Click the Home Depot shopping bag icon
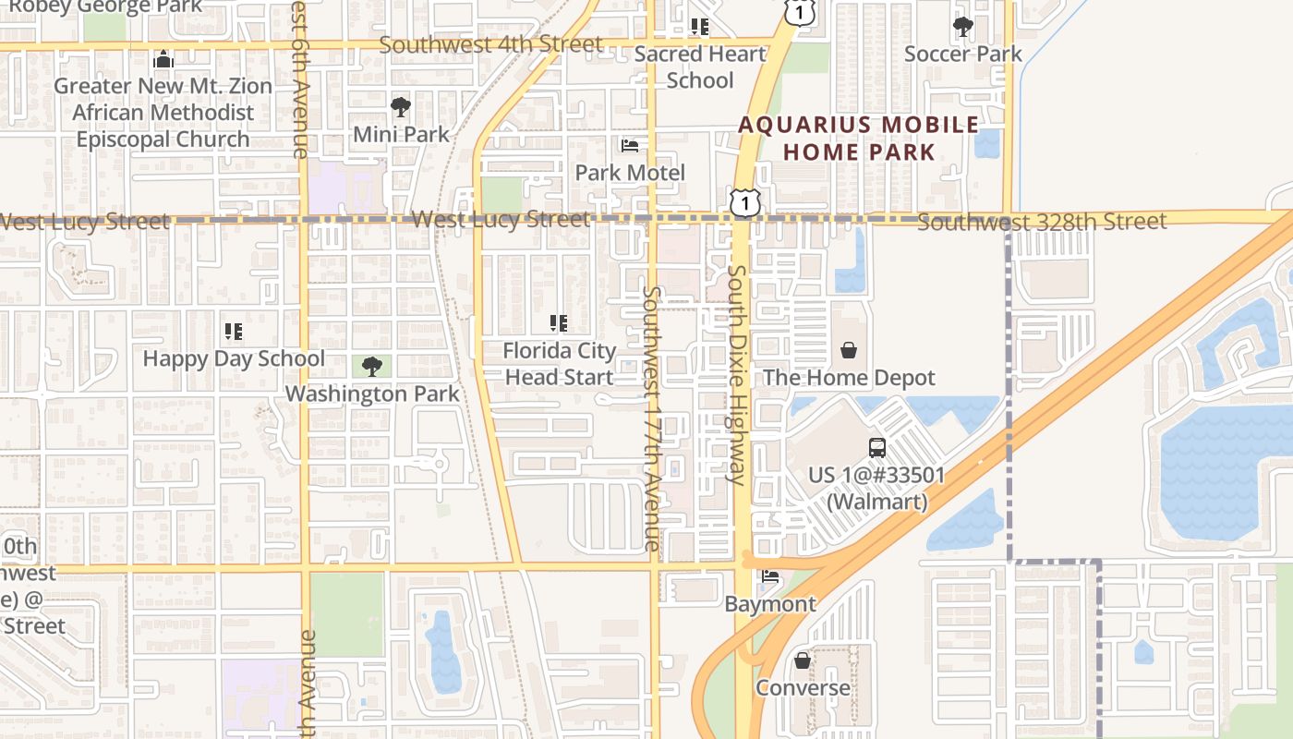click(x=849, y=350)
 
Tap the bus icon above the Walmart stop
click(x=876, y=448)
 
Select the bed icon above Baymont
click(x=770, y=577)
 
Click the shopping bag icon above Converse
click(x=803, y=660)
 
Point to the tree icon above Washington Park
click(x=371, y=367)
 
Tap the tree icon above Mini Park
click(x=401, y=107)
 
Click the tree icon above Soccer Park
click(x=963, y=27)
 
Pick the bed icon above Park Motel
click(x=630, y=146)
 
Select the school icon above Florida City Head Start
click(x=559, y=323)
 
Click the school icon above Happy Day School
click(x=234, y=331)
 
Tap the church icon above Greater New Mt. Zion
click(x=163, y=60)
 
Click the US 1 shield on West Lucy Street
click(x=743, y=202)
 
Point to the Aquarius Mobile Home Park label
click(x=858, y=139)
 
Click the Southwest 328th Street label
click(x=1042, y=222)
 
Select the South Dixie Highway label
click(x=737, y=374)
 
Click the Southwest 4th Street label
click(x=490, y=44)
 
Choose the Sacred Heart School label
click(x=700, y=67)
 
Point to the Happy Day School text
click(x=234, y=358)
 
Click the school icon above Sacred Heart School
click(x=700, y=27)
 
